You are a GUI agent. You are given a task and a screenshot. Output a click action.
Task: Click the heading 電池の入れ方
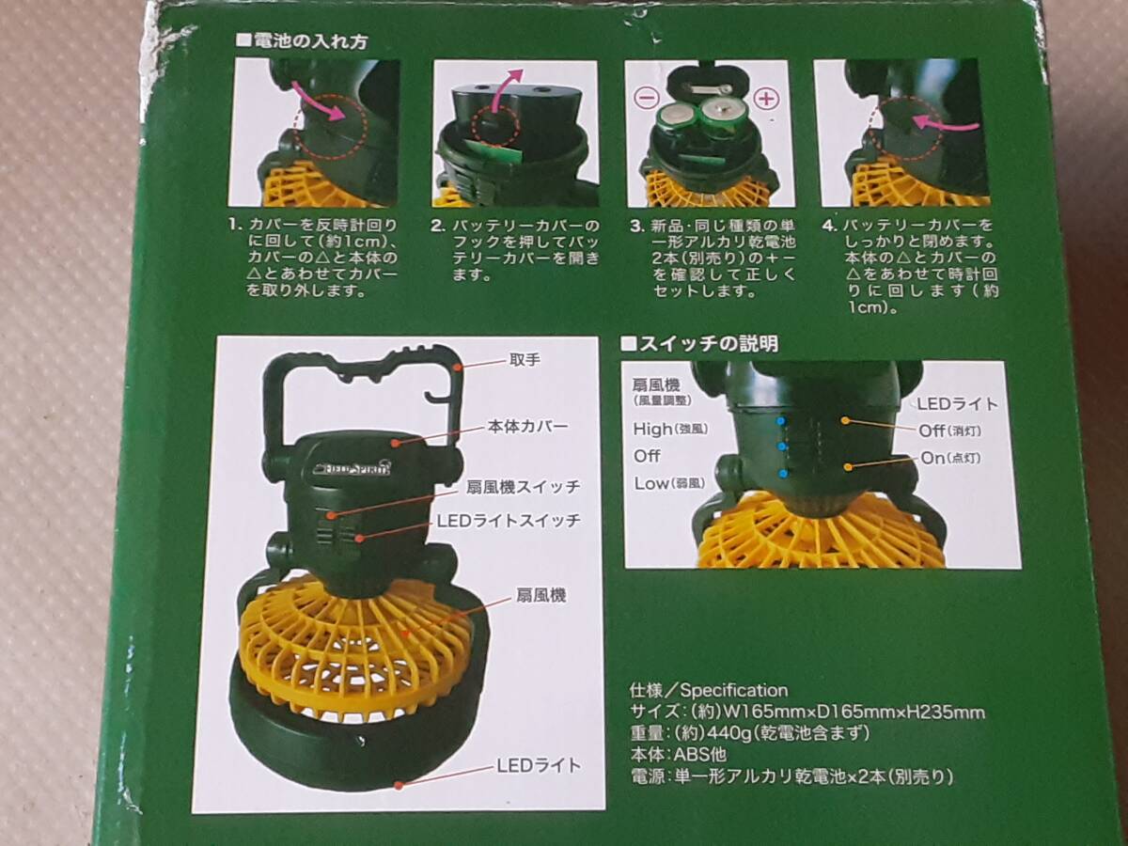click(310, 41)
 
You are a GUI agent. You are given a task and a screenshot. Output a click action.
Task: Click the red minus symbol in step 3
click(648, 98)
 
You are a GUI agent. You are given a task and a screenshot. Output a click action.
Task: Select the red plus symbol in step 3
click(766, 98)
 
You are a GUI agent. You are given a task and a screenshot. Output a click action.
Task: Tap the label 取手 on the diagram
click(525, 360)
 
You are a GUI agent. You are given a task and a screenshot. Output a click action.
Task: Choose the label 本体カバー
click(527, 427)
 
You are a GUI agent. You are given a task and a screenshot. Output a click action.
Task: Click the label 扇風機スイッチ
click(523, 486)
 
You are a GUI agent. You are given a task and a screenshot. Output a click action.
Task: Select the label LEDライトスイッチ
click(509, 521)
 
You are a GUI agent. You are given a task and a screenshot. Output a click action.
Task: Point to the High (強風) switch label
click(670, 429)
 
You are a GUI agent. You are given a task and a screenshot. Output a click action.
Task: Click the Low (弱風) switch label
click(669, 483)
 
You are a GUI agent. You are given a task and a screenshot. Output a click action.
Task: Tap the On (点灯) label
click(950, 458)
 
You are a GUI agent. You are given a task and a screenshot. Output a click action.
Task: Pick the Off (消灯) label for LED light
click(949, 431)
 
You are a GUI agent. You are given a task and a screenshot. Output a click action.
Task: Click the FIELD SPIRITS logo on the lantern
click(353, 468)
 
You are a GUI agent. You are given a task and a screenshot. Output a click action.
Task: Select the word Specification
click(734, 690)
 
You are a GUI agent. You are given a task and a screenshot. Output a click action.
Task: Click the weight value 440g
click(726, 733)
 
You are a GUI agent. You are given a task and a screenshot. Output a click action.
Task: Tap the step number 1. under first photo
click(236, 225)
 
